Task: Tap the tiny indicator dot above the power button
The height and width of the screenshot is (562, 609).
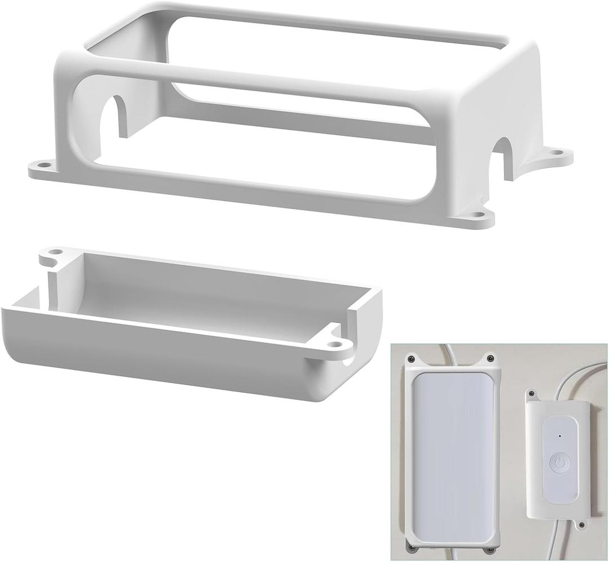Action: click(559, 436)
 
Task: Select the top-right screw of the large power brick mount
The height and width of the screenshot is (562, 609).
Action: click(491, 358)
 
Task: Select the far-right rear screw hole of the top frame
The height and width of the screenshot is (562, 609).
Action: click(557, 152)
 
